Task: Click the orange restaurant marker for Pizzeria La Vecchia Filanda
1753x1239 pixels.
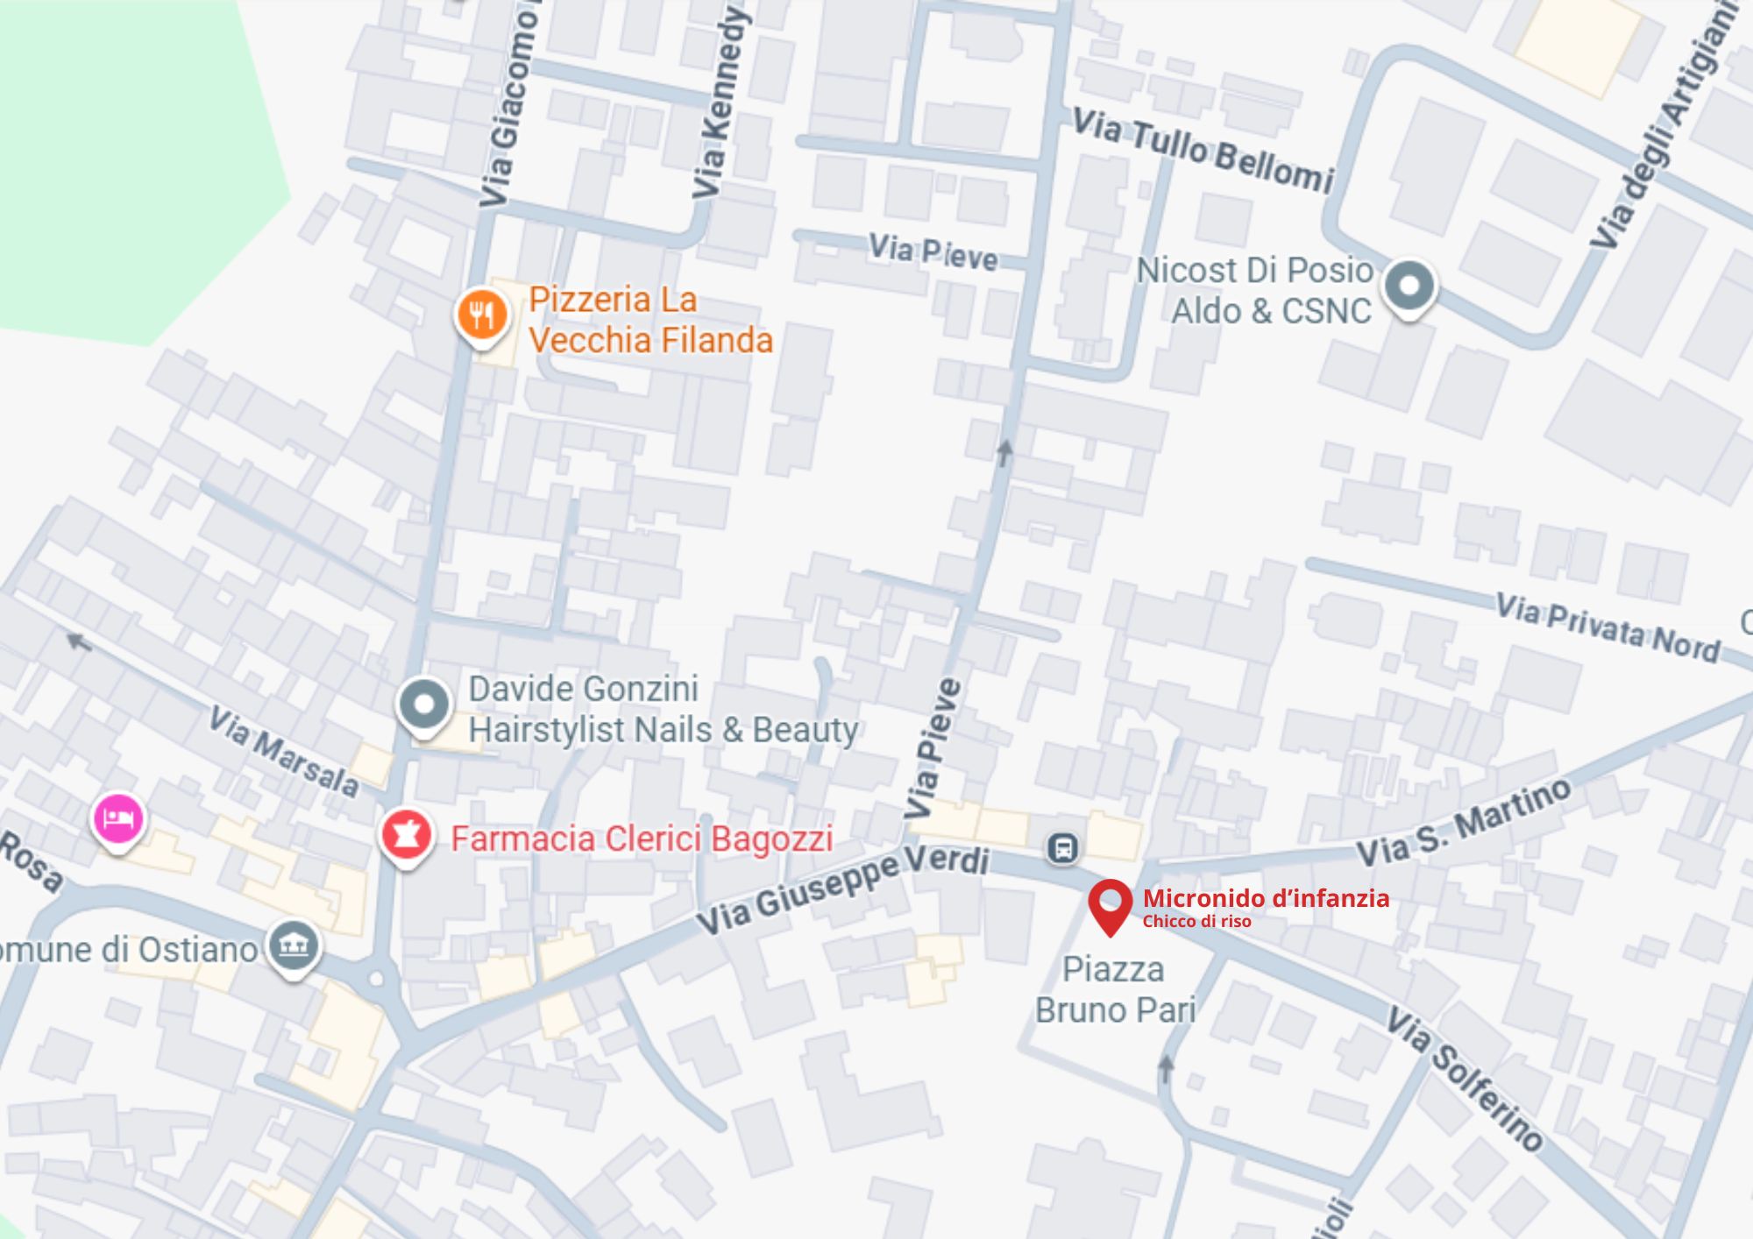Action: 482,315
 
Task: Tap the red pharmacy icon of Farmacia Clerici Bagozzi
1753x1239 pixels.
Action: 406,835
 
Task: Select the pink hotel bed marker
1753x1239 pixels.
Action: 118,819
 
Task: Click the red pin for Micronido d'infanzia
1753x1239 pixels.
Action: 1110,903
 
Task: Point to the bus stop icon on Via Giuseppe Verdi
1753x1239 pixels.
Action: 1062,848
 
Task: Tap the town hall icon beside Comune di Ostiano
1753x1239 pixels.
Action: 294,946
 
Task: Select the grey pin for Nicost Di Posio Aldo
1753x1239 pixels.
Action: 1409,287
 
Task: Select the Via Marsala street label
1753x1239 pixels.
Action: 283,752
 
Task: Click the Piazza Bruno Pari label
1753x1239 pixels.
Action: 1115,990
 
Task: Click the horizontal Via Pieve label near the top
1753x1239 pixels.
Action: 933,252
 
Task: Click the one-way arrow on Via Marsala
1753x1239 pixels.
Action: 79,642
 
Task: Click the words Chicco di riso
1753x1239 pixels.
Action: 1196,921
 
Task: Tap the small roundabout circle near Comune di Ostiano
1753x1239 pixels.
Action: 377,978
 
